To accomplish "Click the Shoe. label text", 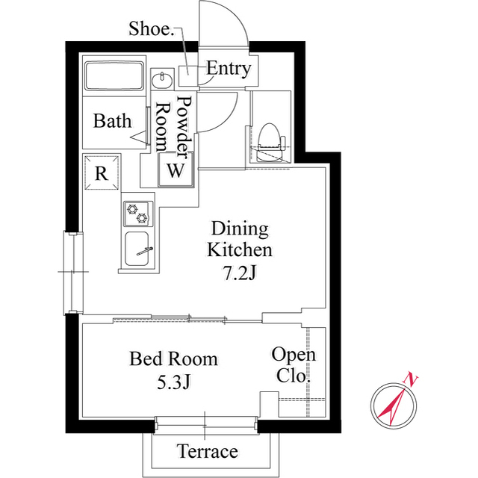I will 151,30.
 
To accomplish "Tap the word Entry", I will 228,69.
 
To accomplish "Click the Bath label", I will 112,121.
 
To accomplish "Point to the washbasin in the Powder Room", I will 161,79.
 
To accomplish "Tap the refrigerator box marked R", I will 101,173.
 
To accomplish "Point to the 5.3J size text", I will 174,382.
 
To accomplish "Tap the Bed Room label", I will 174,359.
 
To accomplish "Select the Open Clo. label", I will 293,365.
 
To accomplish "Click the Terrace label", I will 208,451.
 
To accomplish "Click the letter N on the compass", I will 412,379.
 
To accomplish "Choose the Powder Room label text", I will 173,123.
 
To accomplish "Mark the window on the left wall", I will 70,272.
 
